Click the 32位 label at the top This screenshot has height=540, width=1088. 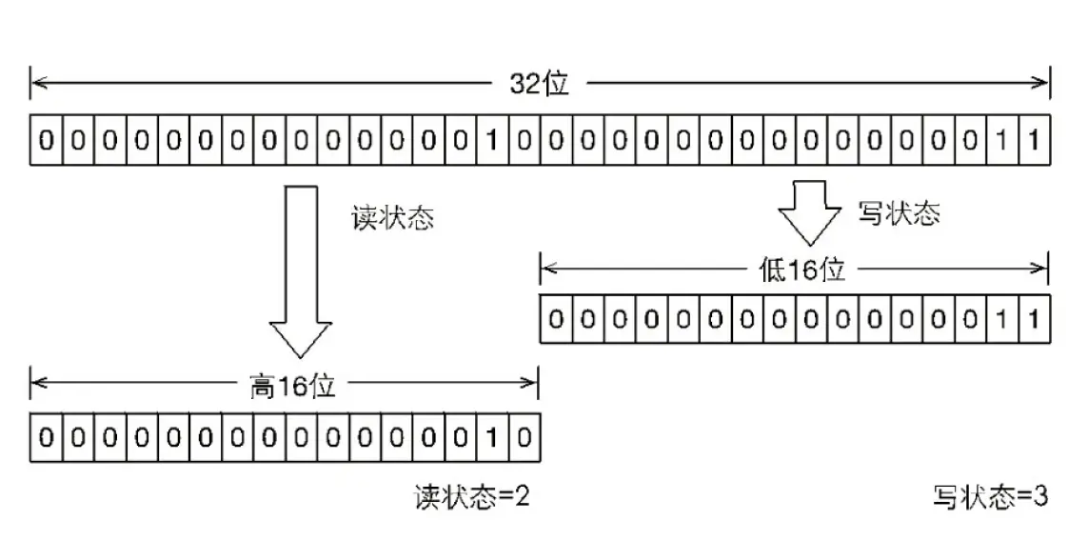(539, 84)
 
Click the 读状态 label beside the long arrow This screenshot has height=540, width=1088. (393, 217)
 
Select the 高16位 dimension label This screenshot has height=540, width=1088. (286, 387)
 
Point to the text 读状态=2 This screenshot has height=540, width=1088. (471, 496)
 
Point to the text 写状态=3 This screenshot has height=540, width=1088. (991, 496)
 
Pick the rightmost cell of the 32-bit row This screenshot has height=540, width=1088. (1033, 142)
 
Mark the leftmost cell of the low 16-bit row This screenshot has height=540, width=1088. (556, 317)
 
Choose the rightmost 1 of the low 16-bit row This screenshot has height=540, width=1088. (1033, 317)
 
